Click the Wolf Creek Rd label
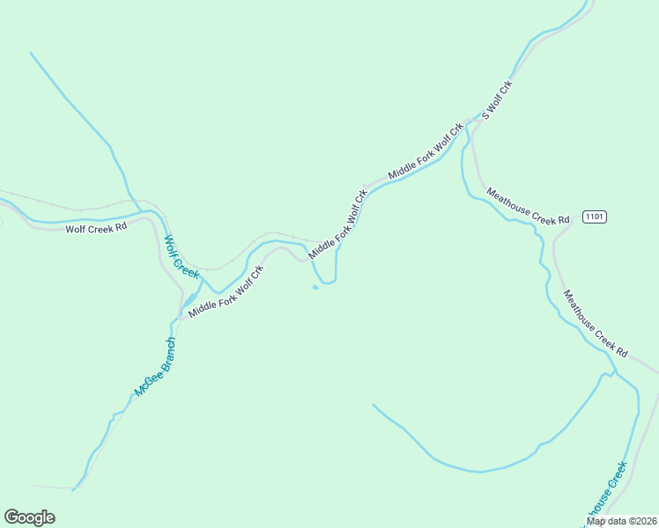coord(97,229)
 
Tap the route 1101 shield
coord(595,216)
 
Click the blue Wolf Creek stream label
coord(181,256)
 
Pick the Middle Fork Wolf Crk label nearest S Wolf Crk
coord(426,151)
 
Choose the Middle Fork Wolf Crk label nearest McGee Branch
coord(226,290)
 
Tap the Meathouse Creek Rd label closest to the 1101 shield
coord(529,207)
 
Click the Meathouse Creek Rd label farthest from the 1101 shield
coord(596,324)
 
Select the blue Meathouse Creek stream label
coord(606,491)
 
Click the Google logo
coord(29,517)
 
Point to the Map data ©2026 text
coord(622,521)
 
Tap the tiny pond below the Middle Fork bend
coord(315,287)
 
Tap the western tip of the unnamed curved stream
coord(374,406)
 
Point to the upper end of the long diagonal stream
coord(32,54)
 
